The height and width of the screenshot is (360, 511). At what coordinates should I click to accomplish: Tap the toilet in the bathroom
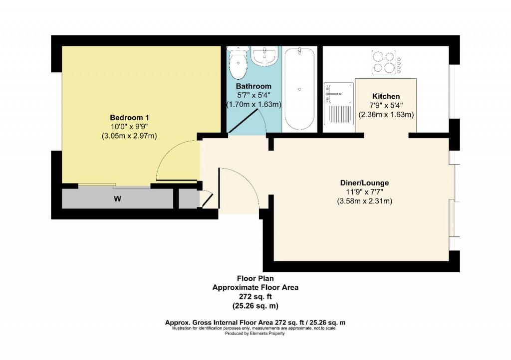(x=238, y=60)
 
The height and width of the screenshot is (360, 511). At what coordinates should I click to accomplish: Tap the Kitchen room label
(x=386, y=96)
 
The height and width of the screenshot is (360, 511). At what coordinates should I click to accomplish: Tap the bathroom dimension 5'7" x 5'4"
(x=254, y=96)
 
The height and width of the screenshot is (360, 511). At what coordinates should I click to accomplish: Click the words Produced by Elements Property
(x=255, y=334)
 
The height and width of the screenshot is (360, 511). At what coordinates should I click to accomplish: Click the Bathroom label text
(x=254, y=86)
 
